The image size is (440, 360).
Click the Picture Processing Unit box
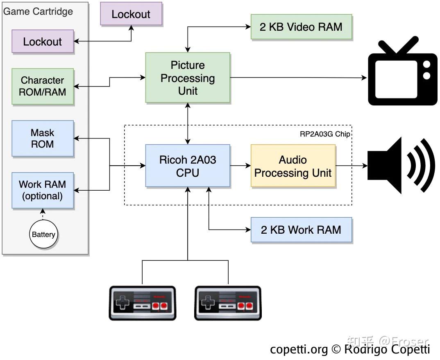coord(188,78)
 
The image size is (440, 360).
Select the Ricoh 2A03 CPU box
coord(188,166)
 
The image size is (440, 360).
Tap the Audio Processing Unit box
coord(293,166)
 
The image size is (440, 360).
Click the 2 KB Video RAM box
coord(301,27)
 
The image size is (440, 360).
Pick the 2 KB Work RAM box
coord(301,230)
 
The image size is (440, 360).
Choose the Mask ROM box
coord(43,139)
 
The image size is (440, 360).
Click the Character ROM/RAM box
coord(43,86)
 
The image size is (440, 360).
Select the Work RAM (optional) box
coord(43,190)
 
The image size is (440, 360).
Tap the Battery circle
coord(43,235)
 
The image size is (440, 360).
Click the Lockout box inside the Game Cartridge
coord(43,41)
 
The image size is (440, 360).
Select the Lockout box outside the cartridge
coord(131,14)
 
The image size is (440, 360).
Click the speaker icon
coord(399,166)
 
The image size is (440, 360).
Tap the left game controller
coord(142,303)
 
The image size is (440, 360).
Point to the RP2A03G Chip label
coord(325,134)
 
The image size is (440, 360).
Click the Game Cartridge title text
coord(38,11)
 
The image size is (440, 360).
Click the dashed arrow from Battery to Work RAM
coord(43,214)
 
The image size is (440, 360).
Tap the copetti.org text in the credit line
coord(299,349)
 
